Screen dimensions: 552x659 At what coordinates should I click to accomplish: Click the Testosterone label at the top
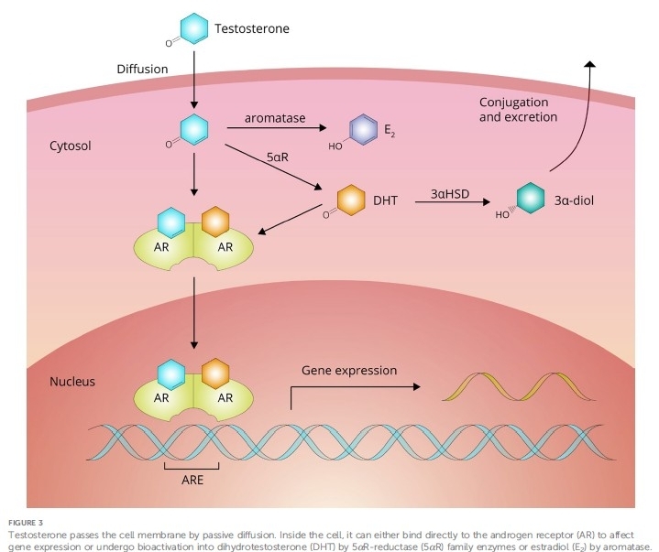pyautogui.click(x=252, y=28)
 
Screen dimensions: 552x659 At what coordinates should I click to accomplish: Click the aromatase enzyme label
pyautogui.click(x=274, y=118)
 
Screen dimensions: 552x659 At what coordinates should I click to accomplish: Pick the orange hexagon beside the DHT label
pyautogui.click(x=350, y=199)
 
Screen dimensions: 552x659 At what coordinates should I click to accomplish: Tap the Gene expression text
pyautogui.click(x=349, y=371)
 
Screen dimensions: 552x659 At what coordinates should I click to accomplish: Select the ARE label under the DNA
pyautogui.click(x=192, y=480)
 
